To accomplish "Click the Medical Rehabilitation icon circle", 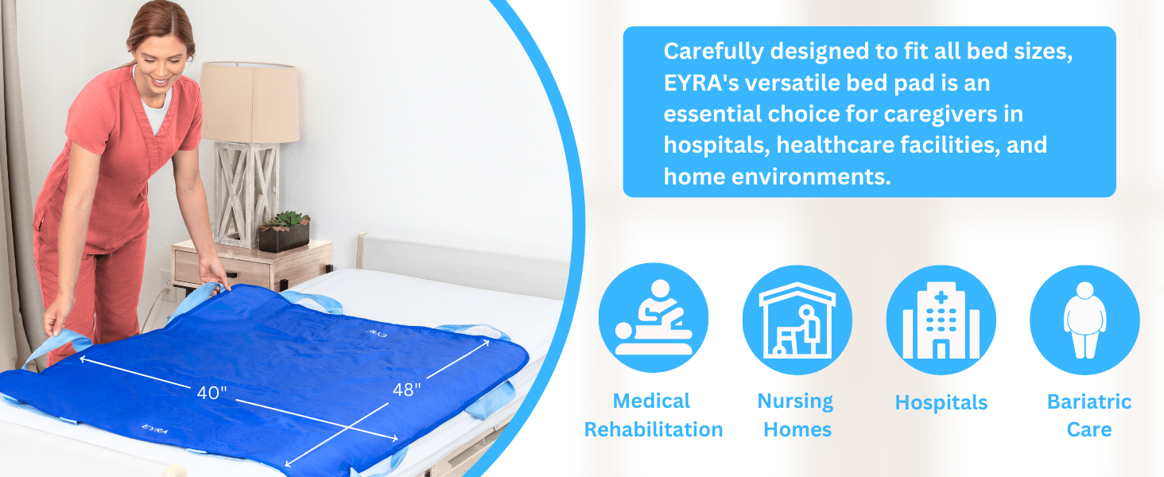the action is click(x=654, y=317).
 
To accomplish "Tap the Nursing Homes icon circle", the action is click(x=797, y=320).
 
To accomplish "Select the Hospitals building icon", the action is click(x=941, y=320).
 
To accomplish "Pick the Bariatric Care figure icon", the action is click(x=1085, y=320).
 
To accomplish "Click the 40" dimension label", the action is click(x=212, y=393).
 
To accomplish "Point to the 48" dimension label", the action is click(x=406, y=390).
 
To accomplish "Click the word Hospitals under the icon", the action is click(x=941, y=403).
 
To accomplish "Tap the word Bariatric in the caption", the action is click(x=1089, y=401).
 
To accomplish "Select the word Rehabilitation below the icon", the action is click(x=654, y=430).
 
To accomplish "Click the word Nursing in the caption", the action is click(x=795, y=401).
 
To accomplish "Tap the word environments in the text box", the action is click(x=811, y=177).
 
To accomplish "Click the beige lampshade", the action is click(x=250, y=103).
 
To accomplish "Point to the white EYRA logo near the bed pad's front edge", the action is click(x=154, y=429).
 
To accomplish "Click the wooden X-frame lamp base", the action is click(x=246, y=194).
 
